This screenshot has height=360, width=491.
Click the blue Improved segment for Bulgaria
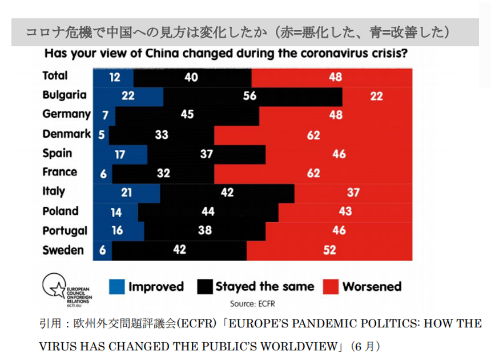click(128, 95)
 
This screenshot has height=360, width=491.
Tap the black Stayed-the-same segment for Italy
click(227, 193)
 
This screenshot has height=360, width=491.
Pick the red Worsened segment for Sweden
click(329, 250)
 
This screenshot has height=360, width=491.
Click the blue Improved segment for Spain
click(119, 154)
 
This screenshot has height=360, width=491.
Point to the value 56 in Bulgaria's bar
click(249, 96)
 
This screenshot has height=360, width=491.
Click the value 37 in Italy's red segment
click(353, 193)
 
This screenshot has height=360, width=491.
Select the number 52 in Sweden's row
click(329, 250)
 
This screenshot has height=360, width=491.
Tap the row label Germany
click(66, 114)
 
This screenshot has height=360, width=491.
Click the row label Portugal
click(65, 230)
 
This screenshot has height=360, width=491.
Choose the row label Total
click(55, 75)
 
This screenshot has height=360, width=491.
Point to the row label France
click(60, 172)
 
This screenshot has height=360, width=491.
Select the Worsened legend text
click(372, 286)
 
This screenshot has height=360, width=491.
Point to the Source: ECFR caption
click(251, 303)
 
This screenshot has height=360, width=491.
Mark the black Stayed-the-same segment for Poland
click(208, 211)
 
